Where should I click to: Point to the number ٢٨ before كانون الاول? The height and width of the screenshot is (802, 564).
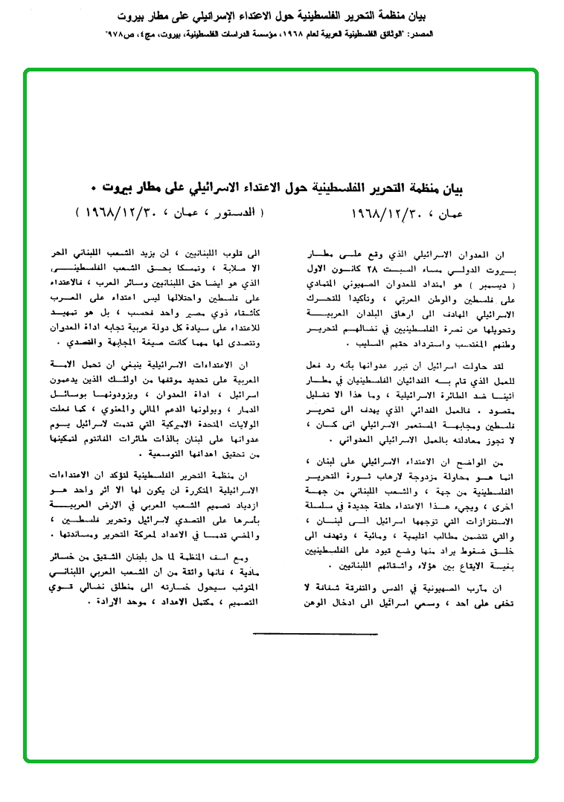pyautogui.click(x=403, y=265)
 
